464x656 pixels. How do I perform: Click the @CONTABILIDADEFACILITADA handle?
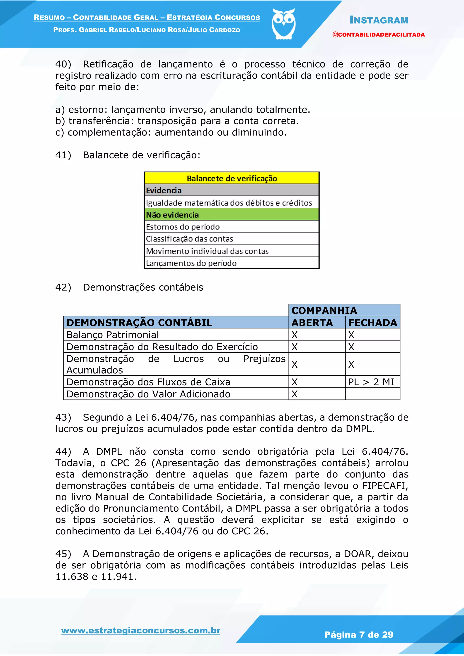click(x=378, y=35)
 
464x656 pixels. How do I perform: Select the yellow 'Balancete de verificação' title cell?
click(x=232, y=178)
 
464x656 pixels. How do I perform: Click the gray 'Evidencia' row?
click(x=232, y=190)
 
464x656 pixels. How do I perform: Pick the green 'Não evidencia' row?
click(x=232, y=215)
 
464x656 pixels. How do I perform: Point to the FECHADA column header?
click(x=372, y=323)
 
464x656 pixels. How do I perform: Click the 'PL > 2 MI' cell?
click(x=371, y=382)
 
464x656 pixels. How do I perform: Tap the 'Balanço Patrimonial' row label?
click(x=113, y=335)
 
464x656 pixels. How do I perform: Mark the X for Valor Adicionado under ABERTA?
click(x=295, y=394)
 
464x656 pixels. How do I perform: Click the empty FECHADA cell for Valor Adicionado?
click(x=372, y=394)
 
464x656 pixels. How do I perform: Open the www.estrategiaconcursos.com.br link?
click(x=140, y=630)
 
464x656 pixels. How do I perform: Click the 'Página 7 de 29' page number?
click(x=359, y=634)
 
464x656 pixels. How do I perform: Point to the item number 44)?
click(x=63, y=451)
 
